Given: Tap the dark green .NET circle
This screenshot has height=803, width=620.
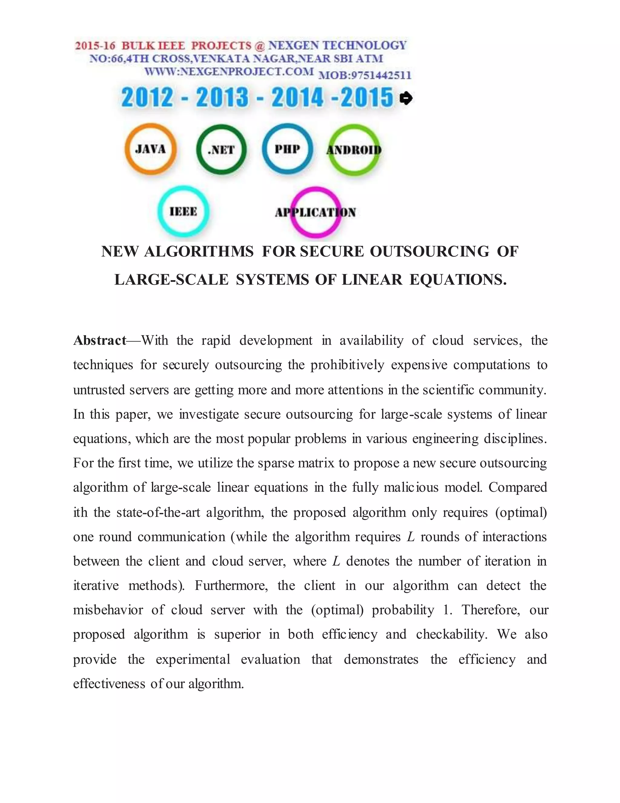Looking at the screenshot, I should [x=221, y=149].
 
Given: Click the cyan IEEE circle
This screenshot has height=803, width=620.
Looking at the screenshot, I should [x=183, y=212].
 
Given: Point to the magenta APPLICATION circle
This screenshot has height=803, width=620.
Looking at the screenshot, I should [x=315, y=212].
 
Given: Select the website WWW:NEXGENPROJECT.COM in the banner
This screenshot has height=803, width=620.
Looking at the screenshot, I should [x=229, y=71].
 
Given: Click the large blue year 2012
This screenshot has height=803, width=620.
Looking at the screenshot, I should [x=147, y=98].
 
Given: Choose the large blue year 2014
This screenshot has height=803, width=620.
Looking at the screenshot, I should [x=298, y=98].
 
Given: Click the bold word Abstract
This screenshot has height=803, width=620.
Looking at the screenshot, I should [x=100, y=341].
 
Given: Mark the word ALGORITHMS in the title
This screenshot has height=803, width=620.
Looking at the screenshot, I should [x=198, y=252].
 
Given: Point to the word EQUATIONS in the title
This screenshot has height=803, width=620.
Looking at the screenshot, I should [x=458, y=280].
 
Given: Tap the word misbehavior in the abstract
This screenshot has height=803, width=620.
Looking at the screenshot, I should [x=108, y=610].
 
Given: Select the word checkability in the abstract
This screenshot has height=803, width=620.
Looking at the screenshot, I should [x=451, y=634].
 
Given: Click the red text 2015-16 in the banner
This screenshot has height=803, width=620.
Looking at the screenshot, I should [x=95, y=46].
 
